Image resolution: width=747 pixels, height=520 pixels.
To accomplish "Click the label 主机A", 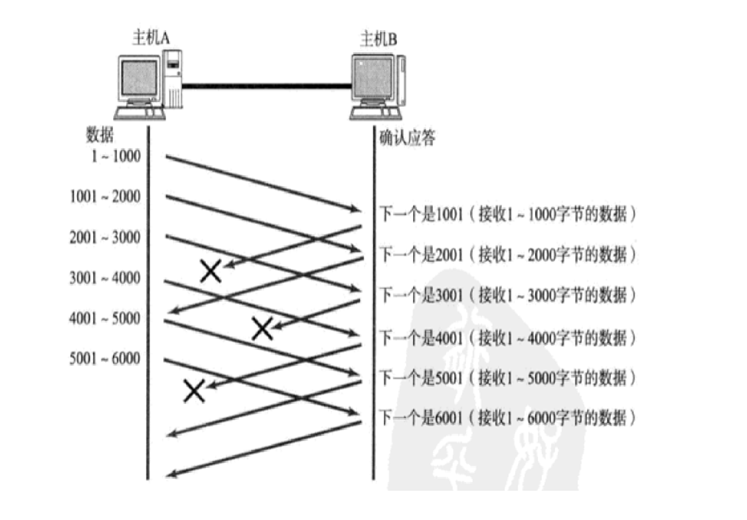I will tap(150, 38).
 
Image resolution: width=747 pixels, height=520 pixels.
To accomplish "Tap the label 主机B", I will tap(378, 39).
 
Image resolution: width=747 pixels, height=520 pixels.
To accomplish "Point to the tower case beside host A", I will tap(172, 78).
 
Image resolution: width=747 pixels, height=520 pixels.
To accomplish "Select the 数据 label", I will tap(99, 135).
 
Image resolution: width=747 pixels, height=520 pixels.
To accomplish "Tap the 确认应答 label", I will tap(407, 137).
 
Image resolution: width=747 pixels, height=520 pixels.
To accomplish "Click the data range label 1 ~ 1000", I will tap(116, 156).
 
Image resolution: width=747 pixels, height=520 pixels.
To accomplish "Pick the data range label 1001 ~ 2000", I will tap(105, 197).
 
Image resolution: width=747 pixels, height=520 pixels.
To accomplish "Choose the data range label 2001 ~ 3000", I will tap(105, 237).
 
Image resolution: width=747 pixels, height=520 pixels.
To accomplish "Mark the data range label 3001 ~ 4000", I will tap(105, 278).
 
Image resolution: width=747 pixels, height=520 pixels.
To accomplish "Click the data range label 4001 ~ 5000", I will tap(105, 319).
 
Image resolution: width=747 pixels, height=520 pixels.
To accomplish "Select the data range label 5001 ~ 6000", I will tap(105, 359).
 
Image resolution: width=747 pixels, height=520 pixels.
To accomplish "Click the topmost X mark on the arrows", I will tap(211, 271).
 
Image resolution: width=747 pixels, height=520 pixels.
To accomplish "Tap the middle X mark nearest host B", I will tap(262, 328).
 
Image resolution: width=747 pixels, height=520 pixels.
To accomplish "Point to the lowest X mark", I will tap(194, 390).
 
